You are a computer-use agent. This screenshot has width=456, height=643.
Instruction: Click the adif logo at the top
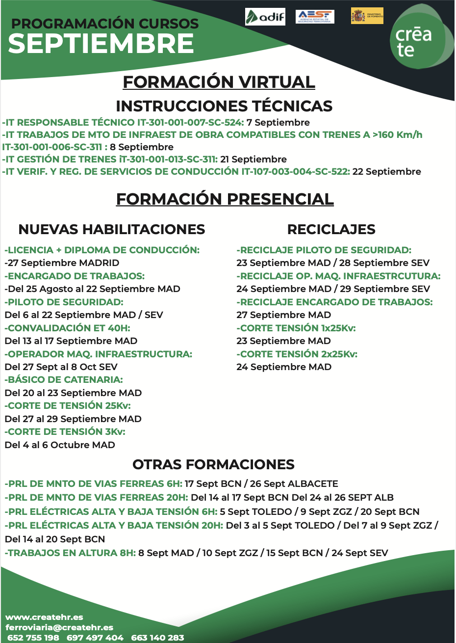tap(265, 17)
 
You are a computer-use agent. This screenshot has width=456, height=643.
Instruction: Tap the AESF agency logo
tap(315, 17)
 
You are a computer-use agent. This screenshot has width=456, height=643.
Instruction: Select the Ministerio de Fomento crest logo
tap(367, 16)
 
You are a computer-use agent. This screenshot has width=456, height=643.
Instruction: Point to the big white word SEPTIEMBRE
tap(101, 44)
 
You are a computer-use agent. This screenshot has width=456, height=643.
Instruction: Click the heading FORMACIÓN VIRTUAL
tap(219, 82)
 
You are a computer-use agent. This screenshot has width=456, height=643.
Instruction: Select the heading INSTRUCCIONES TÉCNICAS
tap(224, 106)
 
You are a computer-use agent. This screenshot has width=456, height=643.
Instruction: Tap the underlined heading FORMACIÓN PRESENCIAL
tap(225, 199)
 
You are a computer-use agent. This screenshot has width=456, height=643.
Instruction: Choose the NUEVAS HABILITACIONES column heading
tap(112, 229)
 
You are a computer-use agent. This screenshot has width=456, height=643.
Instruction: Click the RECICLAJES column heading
tap(331, 229)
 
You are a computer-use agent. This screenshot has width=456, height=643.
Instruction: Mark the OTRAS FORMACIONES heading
tap(213, 464)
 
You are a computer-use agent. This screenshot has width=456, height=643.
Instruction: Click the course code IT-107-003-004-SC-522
tap(295, 172)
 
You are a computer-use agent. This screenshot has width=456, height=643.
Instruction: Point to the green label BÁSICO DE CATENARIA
tap(64, 380)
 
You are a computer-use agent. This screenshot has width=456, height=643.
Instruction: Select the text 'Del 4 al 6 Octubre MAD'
tap(60, 445)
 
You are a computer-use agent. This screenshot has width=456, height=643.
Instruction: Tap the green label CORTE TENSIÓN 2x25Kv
tap(297, 354)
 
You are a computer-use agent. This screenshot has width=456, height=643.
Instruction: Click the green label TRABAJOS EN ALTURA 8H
tap(71, 553)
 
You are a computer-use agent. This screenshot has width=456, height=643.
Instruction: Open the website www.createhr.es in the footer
tap(44, 617)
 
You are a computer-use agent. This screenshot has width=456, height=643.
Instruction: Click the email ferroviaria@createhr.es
tap(59, 627)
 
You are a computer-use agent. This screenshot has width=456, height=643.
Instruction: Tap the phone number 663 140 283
tap(157, 638)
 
